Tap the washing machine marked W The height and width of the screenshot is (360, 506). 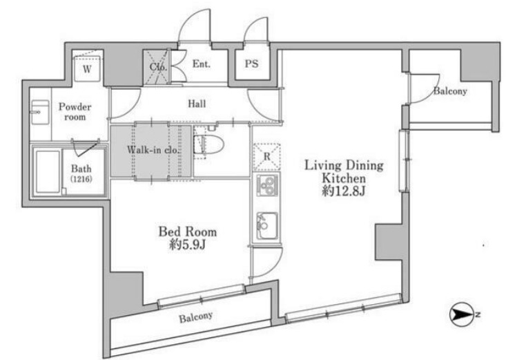tap(87, 69)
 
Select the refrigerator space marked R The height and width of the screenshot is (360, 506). tap(266, 157)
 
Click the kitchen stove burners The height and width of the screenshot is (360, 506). tap(266, 185)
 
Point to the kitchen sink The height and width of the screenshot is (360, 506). tap(266, 226)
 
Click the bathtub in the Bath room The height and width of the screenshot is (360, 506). tap(48, 171)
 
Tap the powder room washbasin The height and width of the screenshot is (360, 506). tap(40, 112)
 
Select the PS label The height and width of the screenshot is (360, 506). tap(251, 64)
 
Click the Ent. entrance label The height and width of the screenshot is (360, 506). tap(202, 64)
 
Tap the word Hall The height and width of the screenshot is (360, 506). tap(197, 104)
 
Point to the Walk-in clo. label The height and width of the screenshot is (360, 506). tap(153, 150)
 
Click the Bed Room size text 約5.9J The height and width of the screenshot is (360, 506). tap(188, 245)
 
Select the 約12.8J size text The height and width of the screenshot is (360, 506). tap(344, 191)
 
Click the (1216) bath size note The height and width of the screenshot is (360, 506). tap(81, 178)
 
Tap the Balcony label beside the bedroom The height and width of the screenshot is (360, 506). tap(196, 317)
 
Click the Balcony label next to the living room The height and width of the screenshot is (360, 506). tap(450, 91)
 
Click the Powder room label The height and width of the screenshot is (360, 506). tap(75, 111)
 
